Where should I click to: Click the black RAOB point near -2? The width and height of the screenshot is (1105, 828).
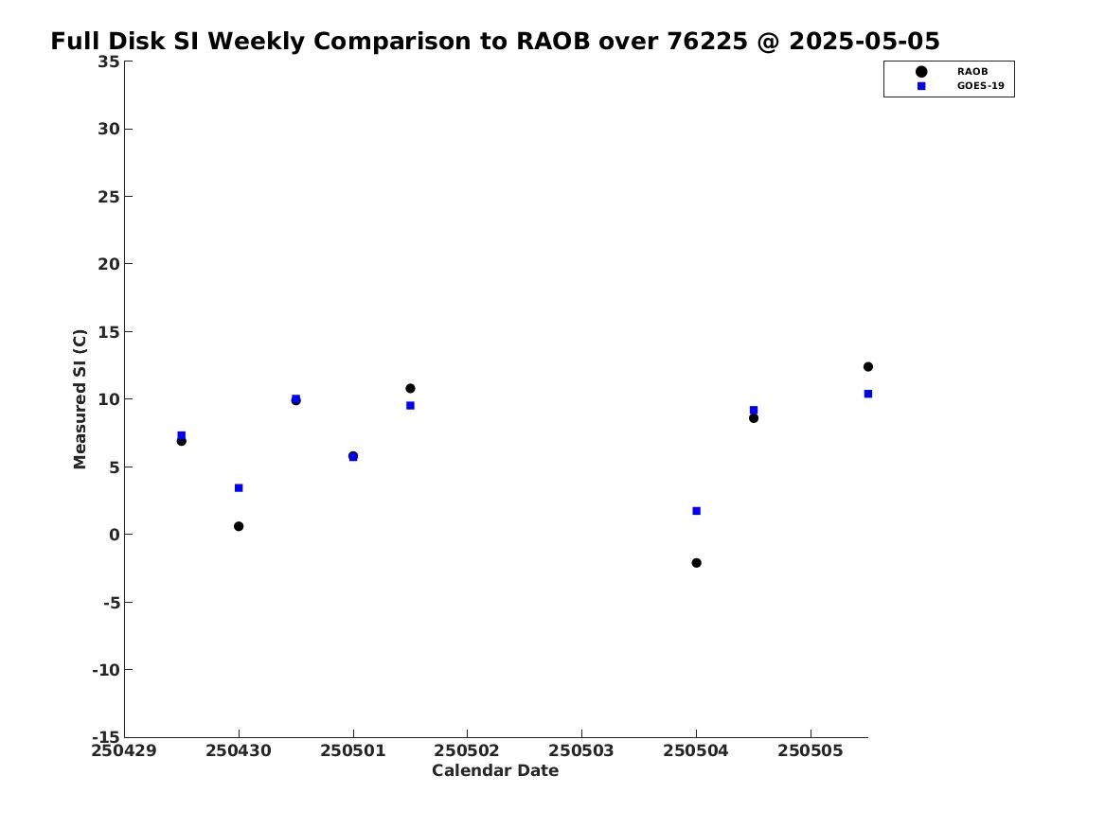tap(696, 562)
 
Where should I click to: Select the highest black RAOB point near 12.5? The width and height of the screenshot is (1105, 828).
tap(867, 367)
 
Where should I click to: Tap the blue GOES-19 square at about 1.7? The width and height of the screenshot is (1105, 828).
tap(696, 511)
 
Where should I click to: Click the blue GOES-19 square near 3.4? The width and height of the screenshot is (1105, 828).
tap(239, 488)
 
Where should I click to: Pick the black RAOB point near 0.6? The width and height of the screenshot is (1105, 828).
tap(239, 526)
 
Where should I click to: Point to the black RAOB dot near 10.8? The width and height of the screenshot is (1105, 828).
tap(410, 388)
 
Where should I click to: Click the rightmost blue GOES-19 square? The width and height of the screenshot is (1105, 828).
tap(867, 394)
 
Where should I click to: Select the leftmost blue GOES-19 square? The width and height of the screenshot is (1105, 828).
tap(181, 435)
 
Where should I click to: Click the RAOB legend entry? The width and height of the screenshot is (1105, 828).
tap(952, 71)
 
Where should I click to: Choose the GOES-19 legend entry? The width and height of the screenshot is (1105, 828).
tap(960, 86)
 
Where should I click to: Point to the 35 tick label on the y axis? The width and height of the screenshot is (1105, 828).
tap(108, 62)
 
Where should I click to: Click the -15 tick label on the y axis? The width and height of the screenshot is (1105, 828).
tap(106, 736)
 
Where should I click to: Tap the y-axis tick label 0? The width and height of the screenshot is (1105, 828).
tap(115, 535)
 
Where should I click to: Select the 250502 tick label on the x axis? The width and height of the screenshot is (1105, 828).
tap(467, 751)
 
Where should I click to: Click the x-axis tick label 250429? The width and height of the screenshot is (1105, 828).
tap(124, 751)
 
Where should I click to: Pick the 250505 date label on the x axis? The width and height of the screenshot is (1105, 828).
tap(811, 751)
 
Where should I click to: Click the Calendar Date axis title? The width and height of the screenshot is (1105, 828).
tap(495, 771)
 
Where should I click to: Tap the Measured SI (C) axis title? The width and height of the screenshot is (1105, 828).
tap(80, 399)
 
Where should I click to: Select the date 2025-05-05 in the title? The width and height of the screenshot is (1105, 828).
tap(864, 42)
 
